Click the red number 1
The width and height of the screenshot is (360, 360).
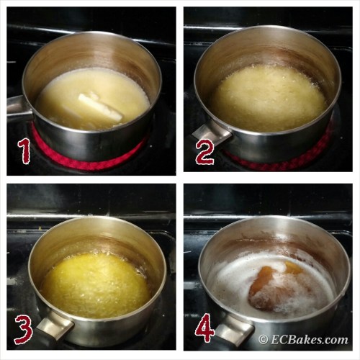(24, 151)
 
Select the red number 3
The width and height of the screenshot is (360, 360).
(24, 330)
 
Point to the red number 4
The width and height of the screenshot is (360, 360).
(204, 328)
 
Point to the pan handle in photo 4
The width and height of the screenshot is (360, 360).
(234, 329)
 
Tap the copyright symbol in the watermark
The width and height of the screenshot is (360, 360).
(264, 340)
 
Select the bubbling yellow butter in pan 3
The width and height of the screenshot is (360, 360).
(96, 286)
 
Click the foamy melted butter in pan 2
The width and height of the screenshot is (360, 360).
(269, 99)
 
